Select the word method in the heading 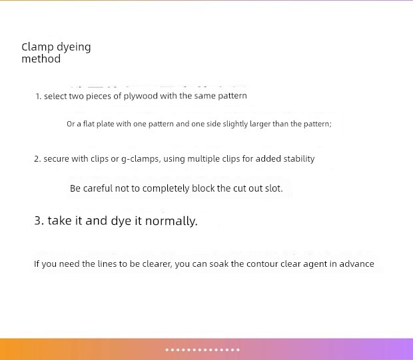coord(41,59)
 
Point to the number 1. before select coord(39,96)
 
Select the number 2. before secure coord(37,159)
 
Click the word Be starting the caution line coord(75,188)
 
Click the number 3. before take coord(39,220)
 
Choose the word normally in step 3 coord(171,221)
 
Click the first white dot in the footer coord(167,350)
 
